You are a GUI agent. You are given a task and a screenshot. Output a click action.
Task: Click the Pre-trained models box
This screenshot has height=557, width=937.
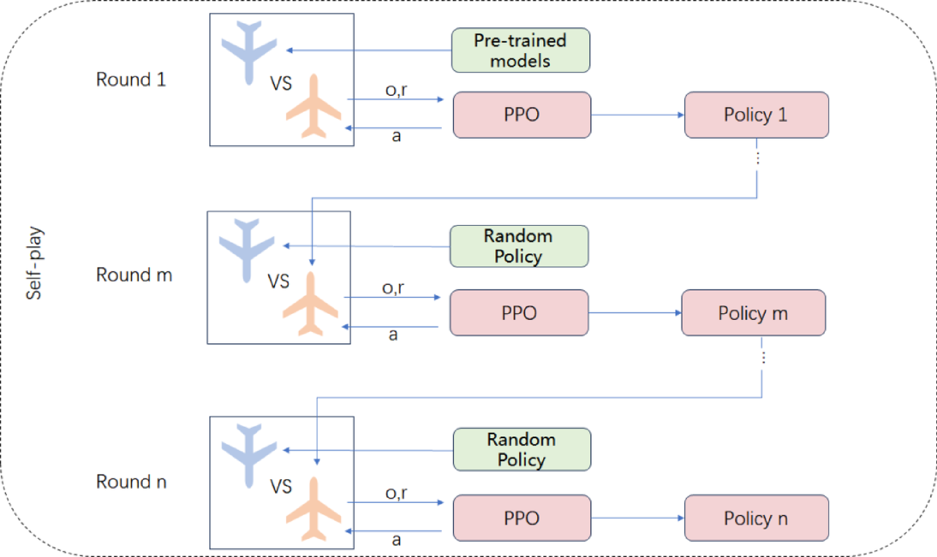click(x=520, y=50)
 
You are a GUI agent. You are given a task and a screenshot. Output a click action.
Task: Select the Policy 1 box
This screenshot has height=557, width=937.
click(x=756, y=115)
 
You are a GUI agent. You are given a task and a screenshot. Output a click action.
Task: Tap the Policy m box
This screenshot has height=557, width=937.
click(x=753, y=313)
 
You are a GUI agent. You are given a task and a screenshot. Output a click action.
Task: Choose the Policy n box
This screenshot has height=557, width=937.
click(x=756, y=518)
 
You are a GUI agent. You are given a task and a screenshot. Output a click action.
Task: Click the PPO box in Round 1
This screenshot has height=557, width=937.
click(x=521, y=115)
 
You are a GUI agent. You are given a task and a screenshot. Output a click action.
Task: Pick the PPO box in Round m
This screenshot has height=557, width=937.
click(x=519, y=313)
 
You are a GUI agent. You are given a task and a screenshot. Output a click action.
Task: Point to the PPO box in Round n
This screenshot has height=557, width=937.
click(x=521, y=518)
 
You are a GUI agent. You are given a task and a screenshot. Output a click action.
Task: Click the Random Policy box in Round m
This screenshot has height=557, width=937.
click(x=518, y=246)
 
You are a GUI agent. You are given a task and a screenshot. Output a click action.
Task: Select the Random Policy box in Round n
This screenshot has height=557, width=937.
click(x=521, y=449)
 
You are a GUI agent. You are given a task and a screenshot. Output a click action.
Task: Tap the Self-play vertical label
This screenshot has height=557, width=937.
click(x=34, y=271)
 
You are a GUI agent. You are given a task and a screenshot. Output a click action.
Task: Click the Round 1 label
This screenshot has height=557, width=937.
click(x=131, y=79)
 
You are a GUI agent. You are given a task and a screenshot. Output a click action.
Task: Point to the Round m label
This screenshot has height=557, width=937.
click(x=133, y=275)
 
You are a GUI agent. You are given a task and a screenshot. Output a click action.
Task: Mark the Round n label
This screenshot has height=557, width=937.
click(x=131, y=482)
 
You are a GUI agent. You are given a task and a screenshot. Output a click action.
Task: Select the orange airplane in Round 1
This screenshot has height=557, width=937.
click(x=314, y=106)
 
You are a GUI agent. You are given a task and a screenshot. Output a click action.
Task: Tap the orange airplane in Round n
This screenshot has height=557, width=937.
click(x=314, y=510)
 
